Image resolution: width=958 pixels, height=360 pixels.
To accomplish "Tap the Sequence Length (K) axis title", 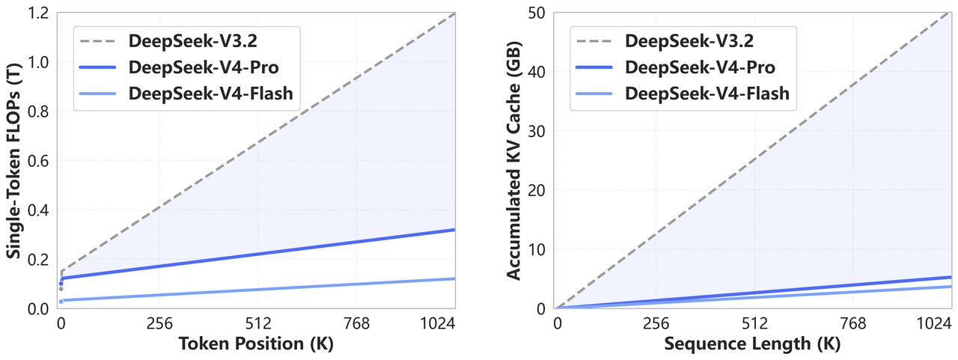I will (x=754, y=345).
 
